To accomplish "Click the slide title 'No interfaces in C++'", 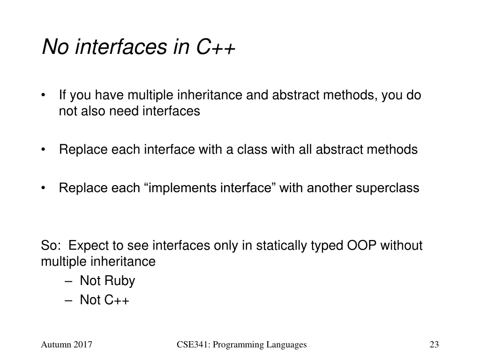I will [x=139, y=47].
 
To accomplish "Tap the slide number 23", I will [x=434, y=345].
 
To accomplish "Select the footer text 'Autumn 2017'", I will [x=66, y=345].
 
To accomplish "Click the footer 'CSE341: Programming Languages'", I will [x=241, y=345].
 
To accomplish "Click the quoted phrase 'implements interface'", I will [x=210, y=188].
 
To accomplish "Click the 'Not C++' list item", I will [x=104, y=300].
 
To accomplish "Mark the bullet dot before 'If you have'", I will [x=44, y=96].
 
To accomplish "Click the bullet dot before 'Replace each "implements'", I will [x=44, y=188].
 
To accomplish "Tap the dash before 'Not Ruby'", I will [x=68, y=281].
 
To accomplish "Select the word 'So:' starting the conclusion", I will [x=51, y=246].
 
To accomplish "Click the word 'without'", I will [x=401, y=246].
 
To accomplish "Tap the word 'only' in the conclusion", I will [x=227, y=246].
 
